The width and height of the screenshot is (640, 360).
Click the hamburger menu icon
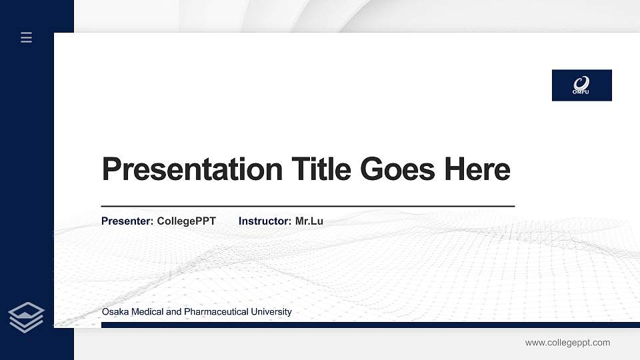[27, 37]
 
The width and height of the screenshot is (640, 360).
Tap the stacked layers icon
[27, 317]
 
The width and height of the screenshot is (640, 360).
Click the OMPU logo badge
[581, 85]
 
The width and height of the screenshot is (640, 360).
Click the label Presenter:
[127, 221]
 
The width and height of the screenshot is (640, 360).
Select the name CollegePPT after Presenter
[186, 221]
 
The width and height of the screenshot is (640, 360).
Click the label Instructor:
[265, 221]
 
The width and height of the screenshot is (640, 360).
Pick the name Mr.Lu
[309, 221]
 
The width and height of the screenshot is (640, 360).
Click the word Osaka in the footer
[114, 312]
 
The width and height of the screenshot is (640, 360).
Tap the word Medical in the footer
[145, 312]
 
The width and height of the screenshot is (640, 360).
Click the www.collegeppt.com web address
[567, 343]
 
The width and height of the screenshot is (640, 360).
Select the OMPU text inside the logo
[581, 92]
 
